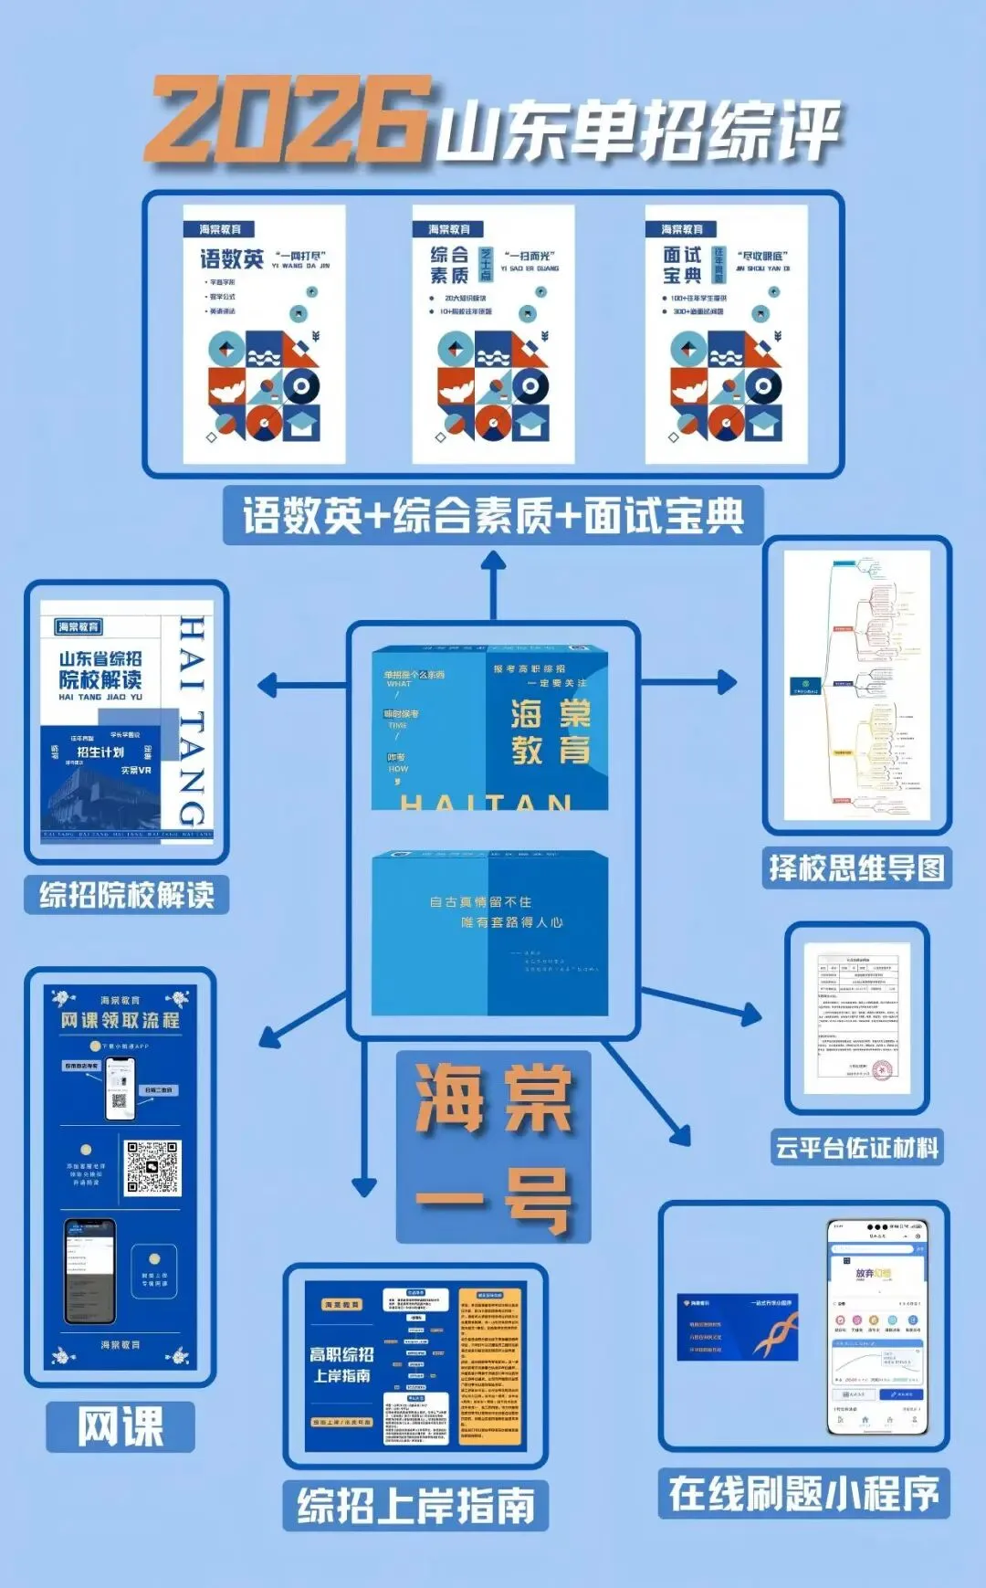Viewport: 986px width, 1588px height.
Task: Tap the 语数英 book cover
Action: click(264, 334)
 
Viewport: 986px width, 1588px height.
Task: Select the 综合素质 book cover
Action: click(493, 334)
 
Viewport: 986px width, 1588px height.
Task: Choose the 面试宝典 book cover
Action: click(726, 334)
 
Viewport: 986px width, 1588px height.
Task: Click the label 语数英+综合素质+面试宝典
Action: click(493, 516)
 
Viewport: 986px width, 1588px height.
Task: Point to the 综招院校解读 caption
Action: click(127, 895)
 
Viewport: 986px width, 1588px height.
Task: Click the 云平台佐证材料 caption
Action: click(856, 1147)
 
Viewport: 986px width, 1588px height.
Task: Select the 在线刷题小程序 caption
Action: click(803, 1494)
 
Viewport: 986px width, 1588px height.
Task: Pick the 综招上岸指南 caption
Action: click(415, 1505)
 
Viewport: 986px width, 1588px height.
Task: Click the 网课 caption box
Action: click(121, 1426)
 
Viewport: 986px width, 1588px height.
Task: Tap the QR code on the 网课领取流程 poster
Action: click(152, 1167)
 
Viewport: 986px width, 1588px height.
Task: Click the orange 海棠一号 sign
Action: click(493, 1147)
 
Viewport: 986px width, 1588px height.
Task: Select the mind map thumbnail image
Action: click(856, 685)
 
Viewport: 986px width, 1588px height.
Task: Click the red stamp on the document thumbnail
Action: click(881, 1069)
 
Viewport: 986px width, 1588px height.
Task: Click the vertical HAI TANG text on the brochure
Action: click(192, 721)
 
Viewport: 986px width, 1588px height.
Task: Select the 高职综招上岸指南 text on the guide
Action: click(341, 1364)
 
